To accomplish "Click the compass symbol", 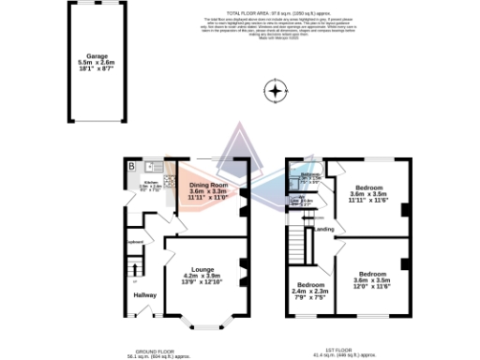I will click(x=275, y=92).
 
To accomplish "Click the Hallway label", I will click(x=143, y=295).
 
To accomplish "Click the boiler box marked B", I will click(x=132, y=167).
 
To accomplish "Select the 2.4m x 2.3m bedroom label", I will click(x=310, y=290).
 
